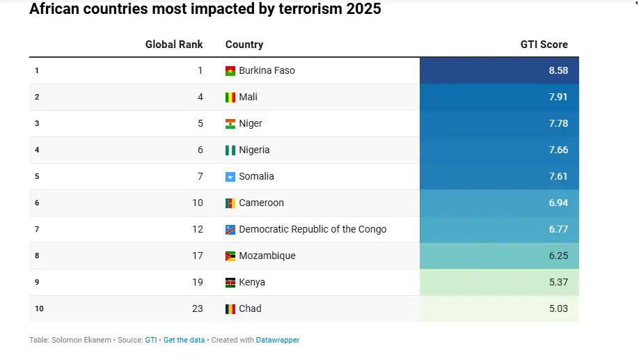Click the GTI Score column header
coord(544,45)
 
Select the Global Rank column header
coord(174,45)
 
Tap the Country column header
coord(244,45)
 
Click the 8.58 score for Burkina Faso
coord(558,70)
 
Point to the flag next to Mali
coord(230,97)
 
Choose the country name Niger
coord(251,123)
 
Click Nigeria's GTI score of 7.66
coord(558,150)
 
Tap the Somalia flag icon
coord(230,177)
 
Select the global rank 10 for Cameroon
coord(198,203)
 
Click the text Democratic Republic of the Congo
coord(313,229)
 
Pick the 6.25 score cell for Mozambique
coord(558,256)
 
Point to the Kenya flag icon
coord(230,283)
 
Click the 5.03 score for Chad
coord(558,308)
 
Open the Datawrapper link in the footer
coord(278,341)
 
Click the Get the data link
coord(184,341)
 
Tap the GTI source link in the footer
coord(150,341)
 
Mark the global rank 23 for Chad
coord(198,308)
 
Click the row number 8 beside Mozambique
coord(37,256)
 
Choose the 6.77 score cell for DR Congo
coord(558,229)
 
